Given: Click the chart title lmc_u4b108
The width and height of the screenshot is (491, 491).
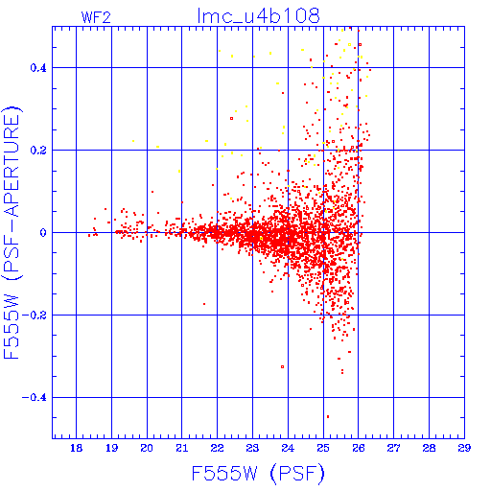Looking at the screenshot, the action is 258,15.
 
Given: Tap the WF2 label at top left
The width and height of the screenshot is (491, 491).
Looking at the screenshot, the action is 96,17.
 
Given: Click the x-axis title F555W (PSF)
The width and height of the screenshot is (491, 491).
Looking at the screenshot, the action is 258,473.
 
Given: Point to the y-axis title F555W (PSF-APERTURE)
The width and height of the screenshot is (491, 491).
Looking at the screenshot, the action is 12,233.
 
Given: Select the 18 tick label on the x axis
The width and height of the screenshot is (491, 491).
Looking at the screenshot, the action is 76,448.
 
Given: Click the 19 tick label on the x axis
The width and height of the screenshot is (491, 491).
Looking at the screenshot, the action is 111,448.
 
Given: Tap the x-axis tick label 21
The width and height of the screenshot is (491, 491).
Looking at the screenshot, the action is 182,448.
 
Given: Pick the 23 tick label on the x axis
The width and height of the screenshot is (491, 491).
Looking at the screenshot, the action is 252,448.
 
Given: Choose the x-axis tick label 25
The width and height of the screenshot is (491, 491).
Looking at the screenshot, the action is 323,448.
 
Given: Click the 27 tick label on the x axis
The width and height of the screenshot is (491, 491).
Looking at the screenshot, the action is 393,448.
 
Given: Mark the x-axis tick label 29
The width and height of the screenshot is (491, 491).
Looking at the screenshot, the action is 464,448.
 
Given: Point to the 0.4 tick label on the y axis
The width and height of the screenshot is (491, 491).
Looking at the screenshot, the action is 38,68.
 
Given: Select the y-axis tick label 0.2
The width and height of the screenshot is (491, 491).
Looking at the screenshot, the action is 38,151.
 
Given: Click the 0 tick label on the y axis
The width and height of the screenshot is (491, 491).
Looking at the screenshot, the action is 43,233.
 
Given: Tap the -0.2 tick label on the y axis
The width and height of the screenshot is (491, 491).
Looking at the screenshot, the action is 35,316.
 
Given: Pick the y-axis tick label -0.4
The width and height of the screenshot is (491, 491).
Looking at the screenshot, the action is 35,398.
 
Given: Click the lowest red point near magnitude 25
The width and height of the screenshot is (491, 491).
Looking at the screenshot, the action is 328,416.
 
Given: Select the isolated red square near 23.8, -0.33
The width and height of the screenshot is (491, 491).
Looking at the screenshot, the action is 282,366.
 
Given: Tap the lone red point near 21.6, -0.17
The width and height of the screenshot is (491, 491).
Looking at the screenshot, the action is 204,304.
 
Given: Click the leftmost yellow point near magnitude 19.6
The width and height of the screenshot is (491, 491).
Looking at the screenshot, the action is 133,141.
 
